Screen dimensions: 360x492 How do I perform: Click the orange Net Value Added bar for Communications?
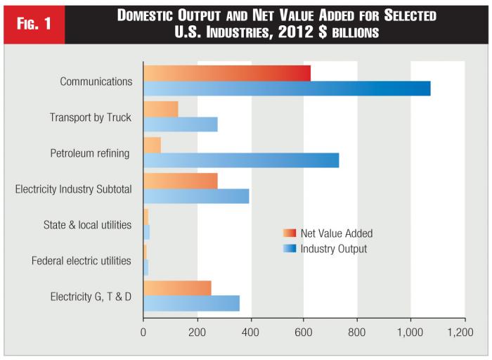226,72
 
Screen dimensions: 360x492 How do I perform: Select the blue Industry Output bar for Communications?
287,89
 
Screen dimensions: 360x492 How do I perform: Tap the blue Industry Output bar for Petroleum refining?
241,160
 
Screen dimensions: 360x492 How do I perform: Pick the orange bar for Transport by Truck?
161,109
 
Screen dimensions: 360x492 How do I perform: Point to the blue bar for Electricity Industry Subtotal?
196,196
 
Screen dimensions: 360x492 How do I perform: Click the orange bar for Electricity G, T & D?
177,288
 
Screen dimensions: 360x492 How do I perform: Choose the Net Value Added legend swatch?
290,233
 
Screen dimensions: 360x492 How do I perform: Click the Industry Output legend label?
333,249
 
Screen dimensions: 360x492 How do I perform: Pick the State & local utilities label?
87,225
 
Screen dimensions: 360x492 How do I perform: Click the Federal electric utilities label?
82,261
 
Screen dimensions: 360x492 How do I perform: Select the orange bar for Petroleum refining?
153,145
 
